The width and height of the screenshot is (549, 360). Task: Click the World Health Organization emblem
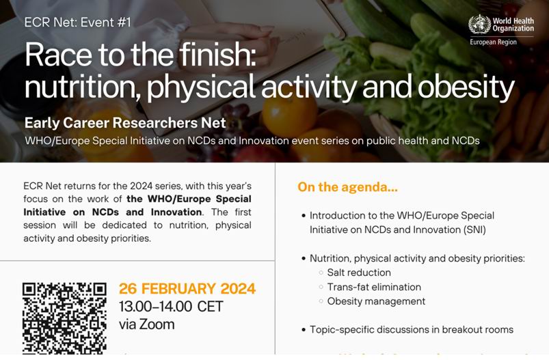pos(479,25)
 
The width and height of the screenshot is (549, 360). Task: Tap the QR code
pos(64,318)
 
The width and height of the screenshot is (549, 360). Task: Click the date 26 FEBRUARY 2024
pos(187,289)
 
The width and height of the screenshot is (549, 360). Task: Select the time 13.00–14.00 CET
pos(171,307)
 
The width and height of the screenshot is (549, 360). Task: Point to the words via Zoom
pos(147,324)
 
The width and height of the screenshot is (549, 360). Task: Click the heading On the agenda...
pos(348,186)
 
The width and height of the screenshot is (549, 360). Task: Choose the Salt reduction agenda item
pos(359,273)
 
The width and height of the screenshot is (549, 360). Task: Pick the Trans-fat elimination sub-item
pos(374,287)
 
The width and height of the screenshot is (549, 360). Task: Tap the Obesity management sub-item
pos(376,301)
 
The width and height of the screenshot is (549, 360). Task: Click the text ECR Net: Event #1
pos(78,23)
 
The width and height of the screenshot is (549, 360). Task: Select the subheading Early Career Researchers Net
pos(125,123)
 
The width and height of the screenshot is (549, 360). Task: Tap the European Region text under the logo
pos(494,42)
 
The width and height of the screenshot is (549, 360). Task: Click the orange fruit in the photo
pos(290,117)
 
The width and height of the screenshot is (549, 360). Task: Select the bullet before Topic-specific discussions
pos(304,330)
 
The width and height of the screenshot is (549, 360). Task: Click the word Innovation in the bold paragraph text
pos(176,212)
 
